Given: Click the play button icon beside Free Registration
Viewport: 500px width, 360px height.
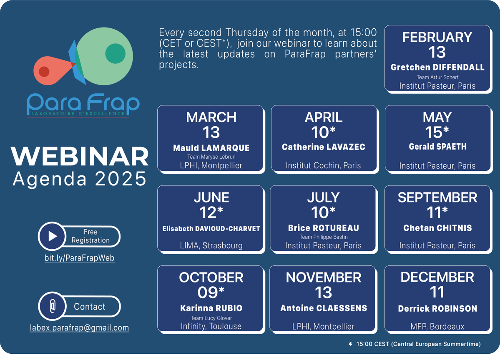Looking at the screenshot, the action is [52, 236].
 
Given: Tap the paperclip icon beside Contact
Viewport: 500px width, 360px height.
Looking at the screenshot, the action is [53, 306].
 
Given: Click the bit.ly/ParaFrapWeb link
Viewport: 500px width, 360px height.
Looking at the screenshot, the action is [79, 258].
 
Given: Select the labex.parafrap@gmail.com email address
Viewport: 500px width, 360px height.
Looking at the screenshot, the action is [79, 328].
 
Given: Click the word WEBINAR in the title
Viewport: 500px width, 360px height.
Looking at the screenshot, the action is [80, 156].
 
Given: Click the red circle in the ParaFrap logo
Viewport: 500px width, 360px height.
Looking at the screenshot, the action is [44, 72].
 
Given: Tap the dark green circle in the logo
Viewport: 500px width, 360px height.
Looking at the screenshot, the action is [116, 53].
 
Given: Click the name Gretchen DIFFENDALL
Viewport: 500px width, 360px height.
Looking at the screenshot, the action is [437, 67].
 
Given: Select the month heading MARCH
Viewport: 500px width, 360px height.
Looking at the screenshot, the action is [211, 117].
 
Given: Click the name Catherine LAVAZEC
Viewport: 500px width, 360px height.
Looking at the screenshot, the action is [324, 147].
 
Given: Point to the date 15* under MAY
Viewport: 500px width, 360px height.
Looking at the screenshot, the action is [437, 132].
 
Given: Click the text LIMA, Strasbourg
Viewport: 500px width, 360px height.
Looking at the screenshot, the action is [211, 245].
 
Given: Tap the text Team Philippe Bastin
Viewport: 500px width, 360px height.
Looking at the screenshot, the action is [324, 237].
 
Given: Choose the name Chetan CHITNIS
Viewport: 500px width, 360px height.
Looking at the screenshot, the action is [437, 228].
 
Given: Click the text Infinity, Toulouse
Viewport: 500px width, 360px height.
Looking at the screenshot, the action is [211, 326].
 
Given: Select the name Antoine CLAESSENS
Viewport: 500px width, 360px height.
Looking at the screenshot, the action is [324, 308].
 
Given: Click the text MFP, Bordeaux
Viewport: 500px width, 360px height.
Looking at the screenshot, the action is [437, 326].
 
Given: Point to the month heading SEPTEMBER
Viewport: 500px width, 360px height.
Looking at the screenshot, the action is [437, 197].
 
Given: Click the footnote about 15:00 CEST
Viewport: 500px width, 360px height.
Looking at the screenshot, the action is [415, 344].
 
